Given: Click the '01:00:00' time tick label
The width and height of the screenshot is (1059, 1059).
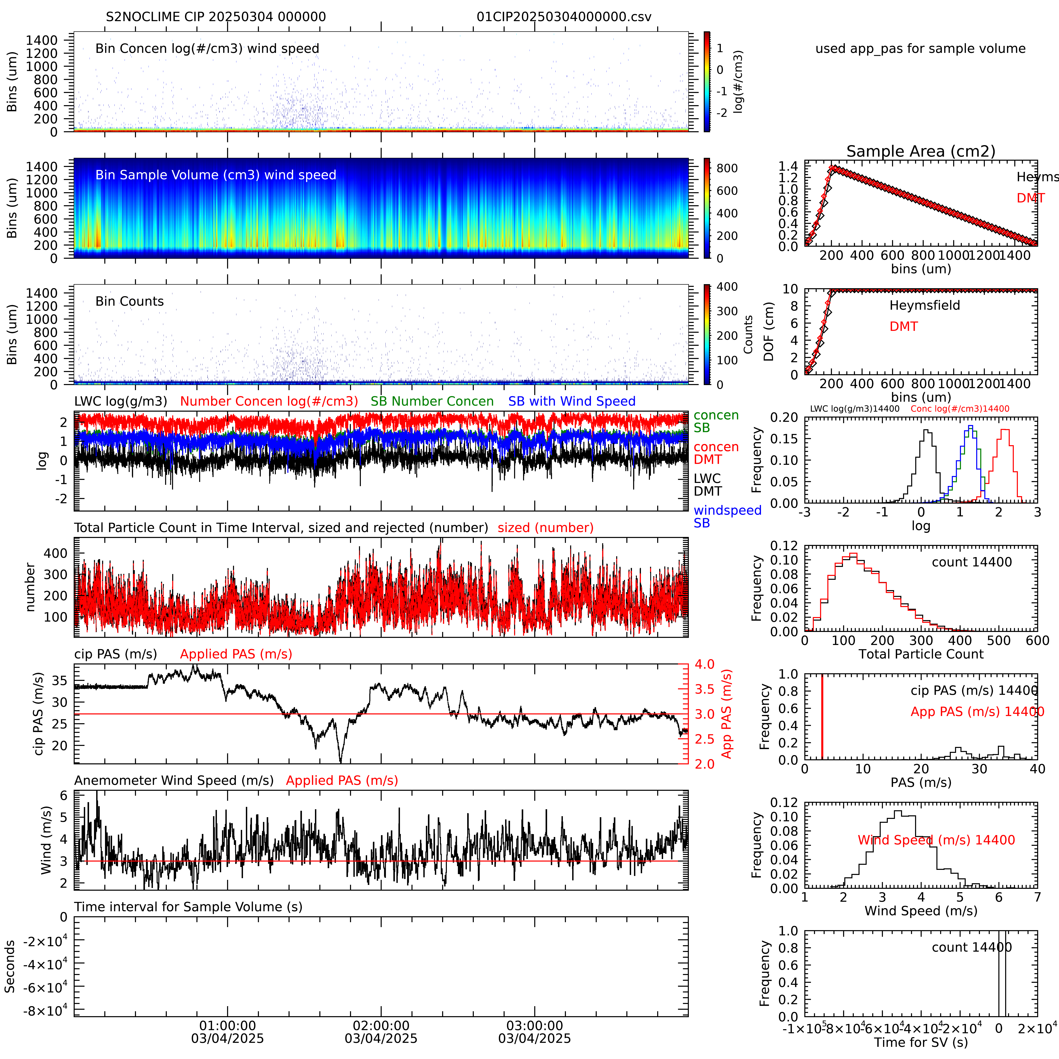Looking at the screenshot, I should [x=227, y=1026].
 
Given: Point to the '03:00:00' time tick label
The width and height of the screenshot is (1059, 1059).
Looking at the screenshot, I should [x=534, y=1026].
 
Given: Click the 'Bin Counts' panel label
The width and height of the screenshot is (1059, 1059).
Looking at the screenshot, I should [x=129, y=301].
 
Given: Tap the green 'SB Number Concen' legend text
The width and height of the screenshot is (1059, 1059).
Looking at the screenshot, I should [x=432, y=401].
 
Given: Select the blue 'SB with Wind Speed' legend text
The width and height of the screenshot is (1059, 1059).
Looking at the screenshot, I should [x=572, y=401].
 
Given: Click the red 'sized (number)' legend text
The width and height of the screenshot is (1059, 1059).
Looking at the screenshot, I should [x=545, y=528].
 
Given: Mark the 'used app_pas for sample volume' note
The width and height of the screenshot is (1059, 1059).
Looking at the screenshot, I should [x=920, y=49].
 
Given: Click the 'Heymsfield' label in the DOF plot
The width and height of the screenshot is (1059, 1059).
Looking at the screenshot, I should [x=925, y=305].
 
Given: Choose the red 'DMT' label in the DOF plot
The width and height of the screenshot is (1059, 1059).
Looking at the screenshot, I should [x=903, y=327].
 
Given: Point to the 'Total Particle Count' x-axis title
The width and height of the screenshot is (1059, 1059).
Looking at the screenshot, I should [x=921, y=654].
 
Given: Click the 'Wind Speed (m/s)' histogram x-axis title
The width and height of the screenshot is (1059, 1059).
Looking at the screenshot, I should [x=921, y=911].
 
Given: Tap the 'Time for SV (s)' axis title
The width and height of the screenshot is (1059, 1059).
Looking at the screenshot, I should [x=921, y=1042].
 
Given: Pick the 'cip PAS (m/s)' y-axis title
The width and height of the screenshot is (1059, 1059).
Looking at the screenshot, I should [x=38, y=714].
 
